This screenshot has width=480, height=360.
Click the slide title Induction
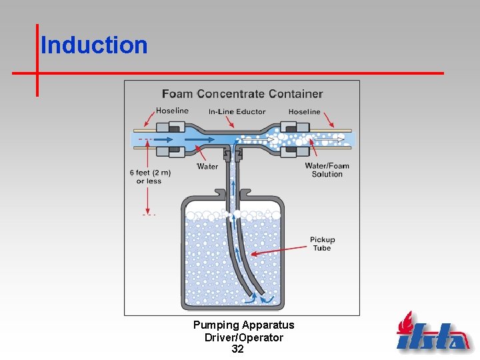click(x=94, y=45)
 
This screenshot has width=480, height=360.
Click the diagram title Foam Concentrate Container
click(x=242, y=94)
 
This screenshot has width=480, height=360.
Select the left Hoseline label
click(x=172, y=111)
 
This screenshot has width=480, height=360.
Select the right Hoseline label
click(x=304, y=111)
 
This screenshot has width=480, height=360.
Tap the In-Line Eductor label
click(x=237, y=111)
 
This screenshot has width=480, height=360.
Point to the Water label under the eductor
click(x=207, y=166)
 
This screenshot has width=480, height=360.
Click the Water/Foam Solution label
click(x=327, y=170)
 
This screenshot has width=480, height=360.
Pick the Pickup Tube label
click(x=322, y=243)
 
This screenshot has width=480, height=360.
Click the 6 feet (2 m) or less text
click(x=150, y=177)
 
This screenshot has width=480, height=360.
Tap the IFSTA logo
click(x=433, y=333)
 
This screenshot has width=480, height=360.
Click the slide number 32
click(x=237, y=349)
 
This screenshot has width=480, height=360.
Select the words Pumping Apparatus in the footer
click(x=243, y=325)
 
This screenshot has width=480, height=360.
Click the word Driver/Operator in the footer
click(x=243, y=337)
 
